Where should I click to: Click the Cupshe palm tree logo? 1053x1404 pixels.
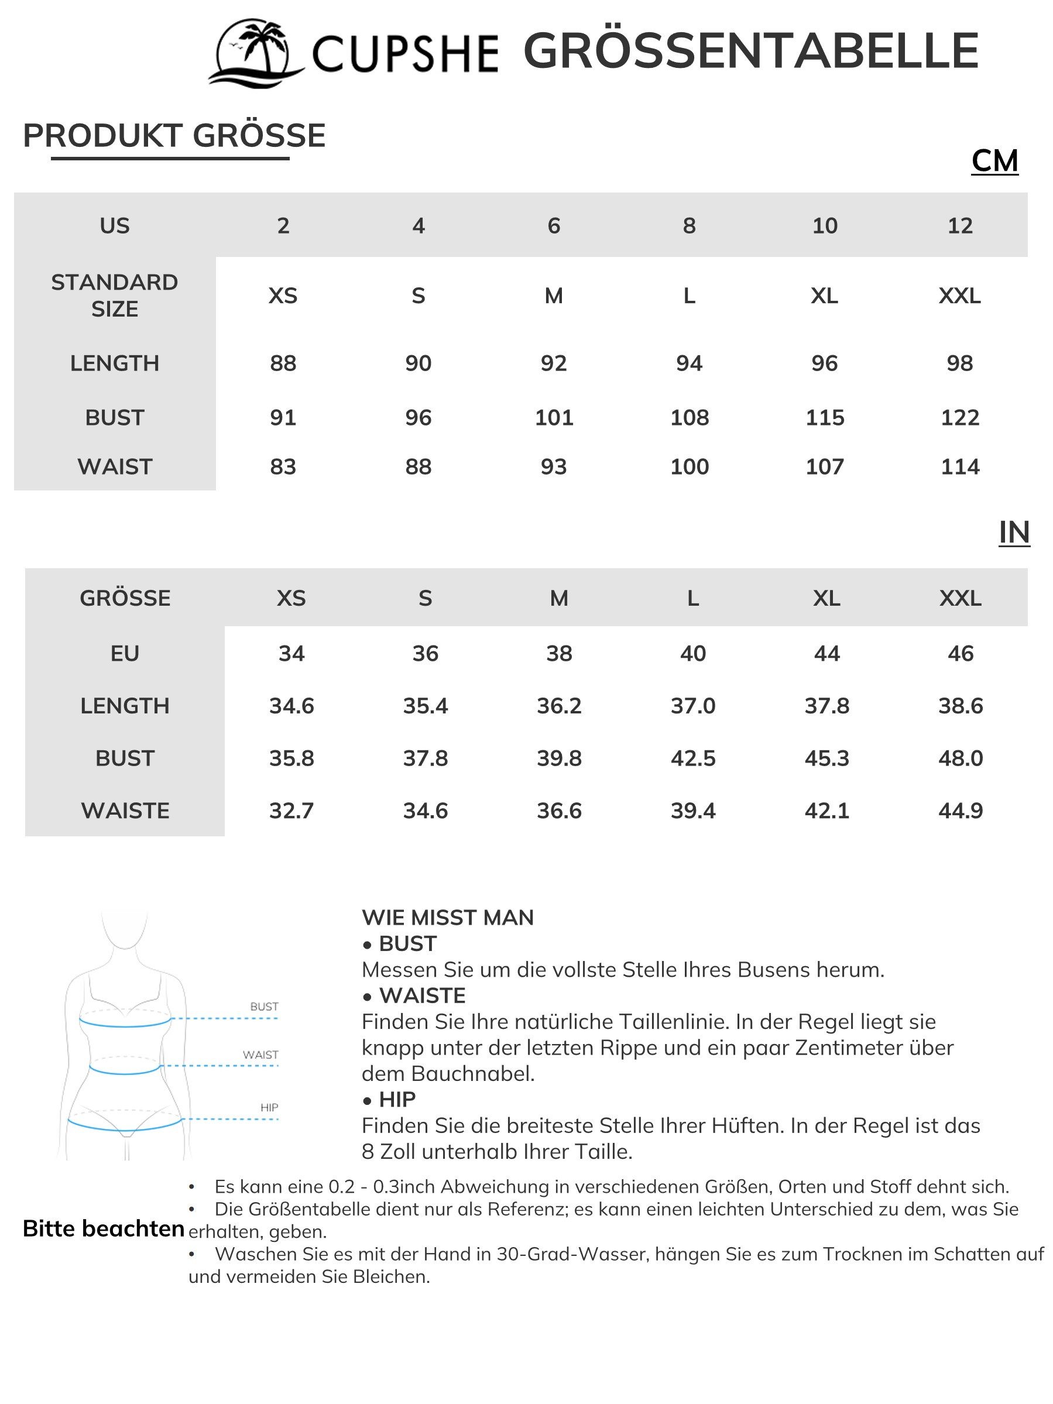[256, 53]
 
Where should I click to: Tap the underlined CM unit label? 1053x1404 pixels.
[994, 160]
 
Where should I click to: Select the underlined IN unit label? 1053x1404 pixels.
[1014, 532]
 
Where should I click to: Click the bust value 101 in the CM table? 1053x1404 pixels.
[554, 418]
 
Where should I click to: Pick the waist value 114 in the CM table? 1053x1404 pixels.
[960, 467]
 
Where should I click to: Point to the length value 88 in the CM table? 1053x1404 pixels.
[283, 363]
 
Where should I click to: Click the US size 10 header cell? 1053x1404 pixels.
[825, 225]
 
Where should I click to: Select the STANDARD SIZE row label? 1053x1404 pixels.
[114, 295]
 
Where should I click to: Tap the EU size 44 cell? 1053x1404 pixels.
[826, 653]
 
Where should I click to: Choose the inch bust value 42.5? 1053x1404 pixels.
[692, 758]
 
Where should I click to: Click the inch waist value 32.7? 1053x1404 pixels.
[291, 811]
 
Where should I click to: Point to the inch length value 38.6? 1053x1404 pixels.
[961, 706]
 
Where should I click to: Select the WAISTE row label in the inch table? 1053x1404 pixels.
[125, 811]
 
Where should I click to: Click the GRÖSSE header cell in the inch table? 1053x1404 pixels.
[125, 598]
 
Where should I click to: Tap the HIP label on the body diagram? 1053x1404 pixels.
[269, 1107]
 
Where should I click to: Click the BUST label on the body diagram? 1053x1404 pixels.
[264, 1006]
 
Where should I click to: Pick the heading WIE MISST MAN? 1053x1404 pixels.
[447, 917]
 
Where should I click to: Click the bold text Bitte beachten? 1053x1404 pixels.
[104, 1229]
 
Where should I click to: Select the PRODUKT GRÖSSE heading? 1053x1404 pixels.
[174, 136]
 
